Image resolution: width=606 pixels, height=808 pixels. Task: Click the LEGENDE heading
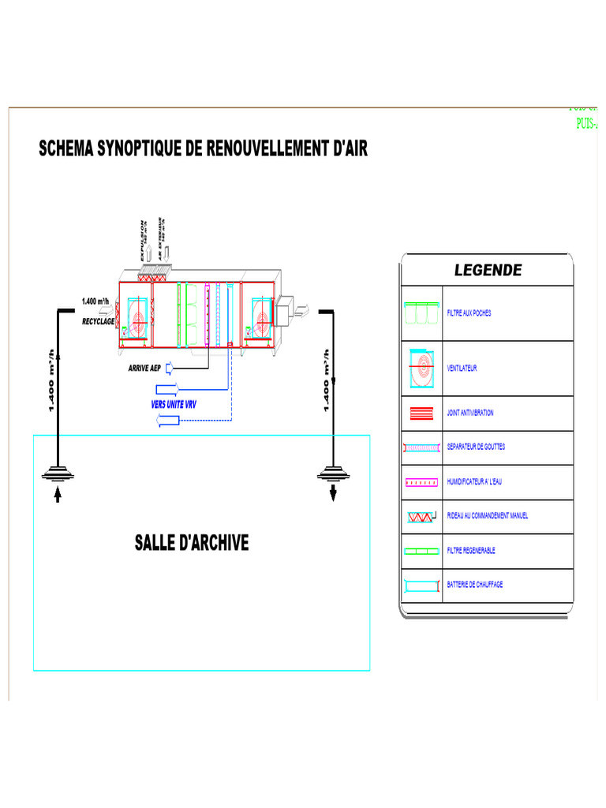click(488, 271)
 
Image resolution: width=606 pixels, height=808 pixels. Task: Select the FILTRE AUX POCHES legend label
click(469, 313)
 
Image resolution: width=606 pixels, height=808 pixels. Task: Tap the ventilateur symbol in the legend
click(422, 368)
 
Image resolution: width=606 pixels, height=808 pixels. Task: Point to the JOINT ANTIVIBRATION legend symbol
click(422, 413)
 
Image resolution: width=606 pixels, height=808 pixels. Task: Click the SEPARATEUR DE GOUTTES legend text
click(476, 447)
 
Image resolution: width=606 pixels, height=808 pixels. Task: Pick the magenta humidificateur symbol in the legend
click(422, 481)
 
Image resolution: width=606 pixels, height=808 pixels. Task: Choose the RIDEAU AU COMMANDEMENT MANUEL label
click(487, 516)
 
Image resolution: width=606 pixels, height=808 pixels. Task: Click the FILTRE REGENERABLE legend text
click(471, 551)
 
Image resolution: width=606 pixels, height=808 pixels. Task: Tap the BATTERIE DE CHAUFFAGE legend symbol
click(422, 585)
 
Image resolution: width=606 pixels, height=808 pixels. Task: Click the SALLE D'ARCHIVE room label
click(192, 543)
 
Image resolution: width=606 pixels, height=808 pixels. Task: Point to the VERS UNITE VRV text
click(174, 404)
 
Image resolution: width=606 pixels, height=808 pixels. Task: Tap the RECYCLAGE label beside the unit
click(99, 322)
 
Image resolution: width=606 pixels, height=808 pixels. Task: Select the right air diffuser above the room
click(333, 473)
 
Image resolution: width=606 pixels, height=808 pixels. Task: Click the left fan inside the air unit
click(137, 320)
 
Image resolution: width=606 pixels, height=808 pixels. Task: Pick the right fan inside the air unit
click(260, 319)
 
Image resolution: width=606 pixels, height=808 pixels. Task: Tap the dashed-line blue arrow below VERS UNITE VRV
click(169, 421)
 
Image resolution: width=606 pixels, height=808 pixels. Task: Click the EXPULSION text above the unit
click(143, 240)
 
